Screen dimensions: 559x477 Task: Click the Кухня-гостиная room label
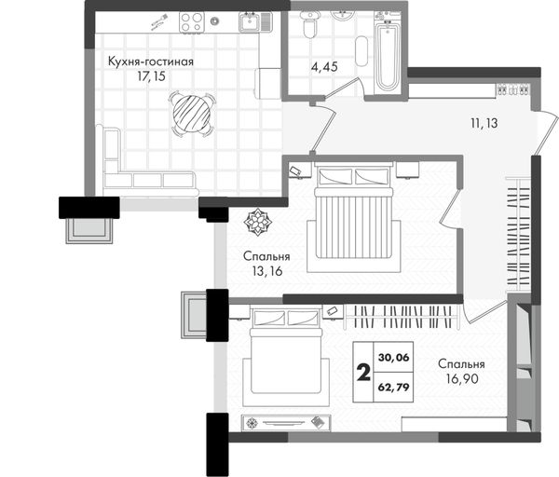(151, 61)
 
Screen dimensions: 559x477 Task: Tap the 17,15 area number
(152, 76)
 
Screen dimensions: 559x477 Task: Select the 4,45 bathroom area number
(324, 67)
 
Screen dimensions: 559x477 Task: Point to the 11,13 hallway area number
(484, 123)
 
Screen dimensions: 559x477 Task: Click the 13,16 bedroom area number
(267, 271)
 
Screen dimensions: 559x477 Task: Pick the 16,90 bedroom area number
(462, 379)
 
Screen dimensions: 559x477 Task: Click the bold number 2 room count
(363, 373)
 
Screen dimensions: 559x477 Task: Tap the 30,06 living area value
(393, 358)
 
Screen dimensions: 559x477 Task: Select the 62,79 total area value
(393, 388)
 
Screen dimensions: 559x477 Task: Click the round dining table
(192, 113)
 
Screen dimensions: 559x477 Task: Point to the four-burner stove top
(192, 21)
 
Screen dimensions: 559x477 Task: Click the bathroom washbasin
(342, 16)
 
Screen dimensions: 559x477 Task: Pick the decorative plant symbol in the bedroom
(257, 223)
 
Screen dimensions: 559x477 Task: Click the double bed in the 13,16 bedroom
(353, 217)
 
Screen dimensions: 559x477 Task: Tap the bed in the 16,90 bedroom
(285, 356)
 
